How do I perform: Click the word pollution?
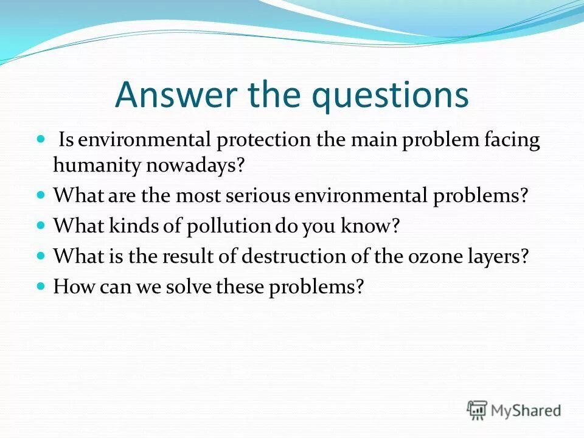[x=219, y=226]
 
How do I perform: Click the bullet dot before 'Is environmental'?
[x=41, y=139]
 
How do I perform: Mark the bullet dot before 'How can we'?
[x=41, y=285]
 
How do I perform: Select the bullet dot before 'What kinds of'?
[x=41, y=225]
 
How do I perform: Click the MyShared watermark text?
[x=527, y=410]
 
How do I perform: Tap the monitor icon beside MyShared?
[x=478, y=409]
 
